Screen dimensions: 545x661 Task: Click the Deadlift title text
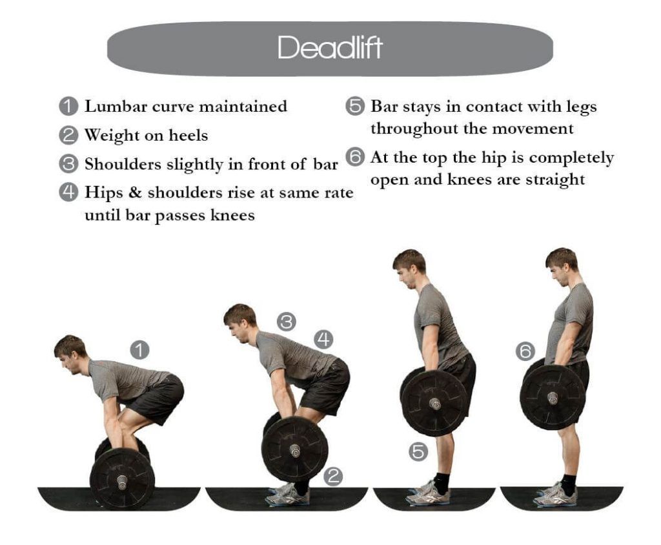[x=330, y=48]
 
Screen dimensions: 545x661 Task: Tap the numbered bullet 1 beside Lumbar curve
[x=68, y=107]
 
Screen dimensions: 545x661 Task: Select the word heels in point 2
[x=188, y=136]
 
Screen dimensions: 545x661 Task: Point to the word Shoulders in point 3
[x=123, y=165]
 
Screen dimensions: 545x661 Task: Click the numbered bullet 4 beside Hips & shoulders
[x=68, y=193]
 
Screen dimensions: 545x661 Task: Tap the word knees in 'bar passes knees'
[x=233, y=216]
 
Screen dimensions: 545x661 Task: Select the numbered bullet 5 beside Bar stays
[x=355, y=107]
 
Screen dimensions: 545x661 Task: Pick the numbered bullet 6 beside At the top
[x=355, y=158]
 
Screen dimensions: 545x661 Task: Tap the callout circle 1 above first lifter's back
[x=139, y=350]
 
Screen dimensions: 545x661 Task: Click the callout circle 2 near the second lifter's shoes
[x=332, y=477]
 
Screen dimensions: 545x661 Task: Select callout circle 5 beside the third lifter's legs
[x=418, y=452]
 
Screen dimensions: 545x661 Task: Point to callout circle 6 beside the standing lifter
[x=525, y=351]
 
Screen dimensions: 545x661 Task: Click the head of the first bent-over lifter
[x=70, y=353]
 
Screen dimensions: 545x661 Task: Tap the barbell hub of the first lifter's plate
[x=122, y=481]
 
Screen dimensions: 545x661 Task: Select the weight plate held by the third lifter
[x=434, y=404]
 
